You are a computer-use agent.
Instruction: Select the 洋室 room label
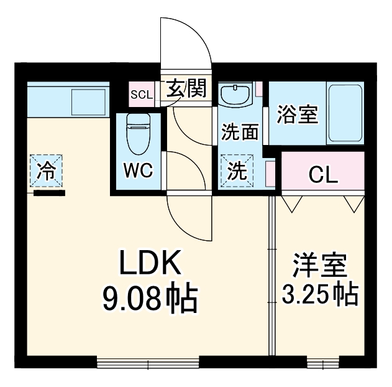pyautogui.click(x=320, y=266)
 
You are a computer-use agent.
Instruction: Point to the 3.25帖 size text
pyautogui.click(x=321, y=293)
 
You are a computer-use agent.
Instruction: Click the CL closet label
pyautogui.click(x=323, y=175)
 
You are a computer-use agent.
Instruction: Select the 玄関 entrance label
pyautogui.click(x=185, y=90)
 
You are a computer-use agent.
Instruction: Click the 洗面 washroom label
pyautogui.click(x=240, y=132)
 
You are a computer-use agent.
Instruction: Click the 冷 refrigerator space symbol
pyautogui.click(x=45, y=170)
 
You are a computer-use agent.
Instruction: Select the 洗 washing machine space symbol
pyautogui.click(x=236, y=172)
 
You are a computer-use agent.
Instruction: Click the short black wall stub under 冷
pyautogui.click(x=49, y=193)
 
